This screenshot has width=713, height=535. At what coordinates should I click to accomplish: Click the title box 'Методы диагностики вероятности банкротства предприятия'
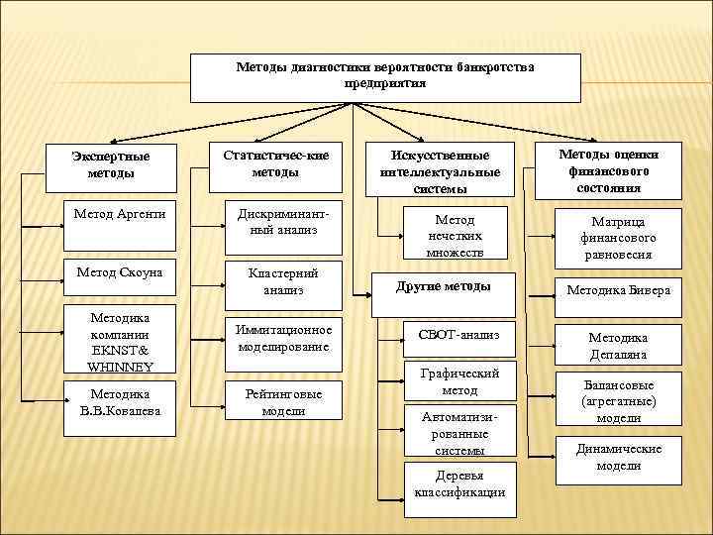[x=385, y=77]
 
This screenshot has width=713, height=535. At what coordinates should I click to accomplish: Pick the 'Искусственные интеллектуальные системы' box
[x=440, y=166]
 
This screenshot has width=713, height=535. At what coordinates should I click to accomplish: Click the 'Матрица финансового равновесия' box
[x=618, y=238]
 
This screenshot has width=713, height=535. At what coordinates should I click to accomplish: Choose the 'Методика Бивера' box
[x=618, y=290]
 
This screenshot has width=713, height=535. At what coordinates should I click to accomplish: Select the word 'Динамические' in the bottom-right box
[x=618, y=449]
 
